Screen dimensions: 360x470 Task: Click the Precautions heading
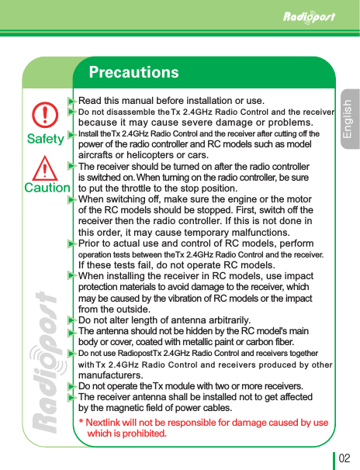133,73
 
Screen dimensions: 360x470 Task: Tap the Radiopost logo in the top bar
308,16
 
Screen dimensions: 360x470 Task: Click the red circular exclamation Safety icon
46,116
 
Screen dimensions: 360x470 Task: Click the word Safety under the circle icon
46,140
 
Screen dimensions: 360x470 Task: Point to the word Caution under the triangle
47,188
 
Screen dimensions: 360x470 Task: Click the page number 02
344,458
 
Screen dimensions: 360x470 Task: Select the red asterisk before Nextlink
81,423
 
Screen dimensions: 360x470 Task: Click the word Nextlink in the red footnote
109,423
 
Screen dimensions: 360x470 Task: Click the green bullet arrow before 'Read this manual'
71,101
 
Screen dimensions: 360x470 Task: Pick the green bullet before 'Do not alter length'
71,320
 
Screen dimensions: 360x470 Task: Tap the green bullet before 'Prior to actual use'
71,243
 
